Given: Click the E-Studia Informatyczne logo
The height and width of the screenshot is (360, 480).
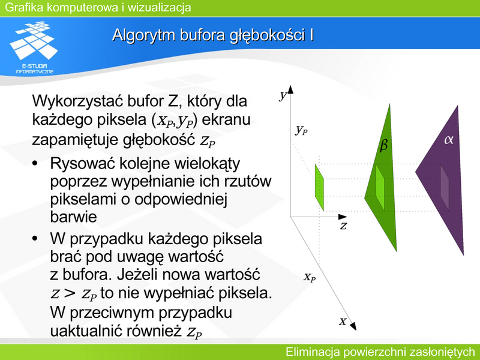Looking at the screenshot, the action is (x=34, y=47).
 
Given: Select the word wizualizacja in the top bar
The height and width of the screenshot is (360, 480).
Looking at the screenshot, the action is (x=159, y=7).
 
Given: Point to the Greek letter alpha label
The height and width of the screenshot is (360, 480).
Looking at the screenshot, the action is (x=448, y=140).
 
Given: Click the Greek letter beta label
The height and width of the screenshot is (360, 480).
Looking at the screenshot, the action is (x=383, y=145).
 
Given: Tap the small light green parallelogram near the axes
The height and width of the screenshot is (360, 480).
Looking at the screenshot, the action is (x=319, y=187).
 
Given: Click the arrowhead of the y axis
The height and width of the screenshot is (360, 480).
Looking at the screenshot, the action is (x=290, y=89).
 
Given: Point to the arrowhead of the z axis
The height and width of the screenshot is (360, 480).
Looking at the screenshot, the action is (x=343, y=217).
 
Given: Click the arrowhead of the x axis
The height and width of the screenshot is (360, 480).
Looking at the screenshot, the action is (x=353, y=326).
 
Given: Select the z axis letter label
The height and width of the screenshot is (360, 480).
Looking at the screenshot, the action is (x=343, y=226).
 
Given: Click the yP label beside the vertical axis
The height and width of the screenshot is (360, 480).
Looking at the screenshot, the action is (x=302, y=130).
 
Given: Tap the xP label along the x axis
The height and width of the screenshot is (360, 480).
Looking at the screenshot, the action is (x=310, y=277).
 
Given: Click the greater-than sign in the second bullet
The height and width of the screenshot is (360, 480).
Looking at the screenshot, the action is (x=70, y=293).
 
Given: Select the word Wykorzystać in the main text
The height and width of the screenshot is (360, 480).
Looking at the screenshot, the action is (x=77, y=101).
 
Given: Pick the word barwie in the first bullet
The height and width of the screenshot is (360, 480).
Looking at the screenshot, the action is (x=73, y=217).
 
